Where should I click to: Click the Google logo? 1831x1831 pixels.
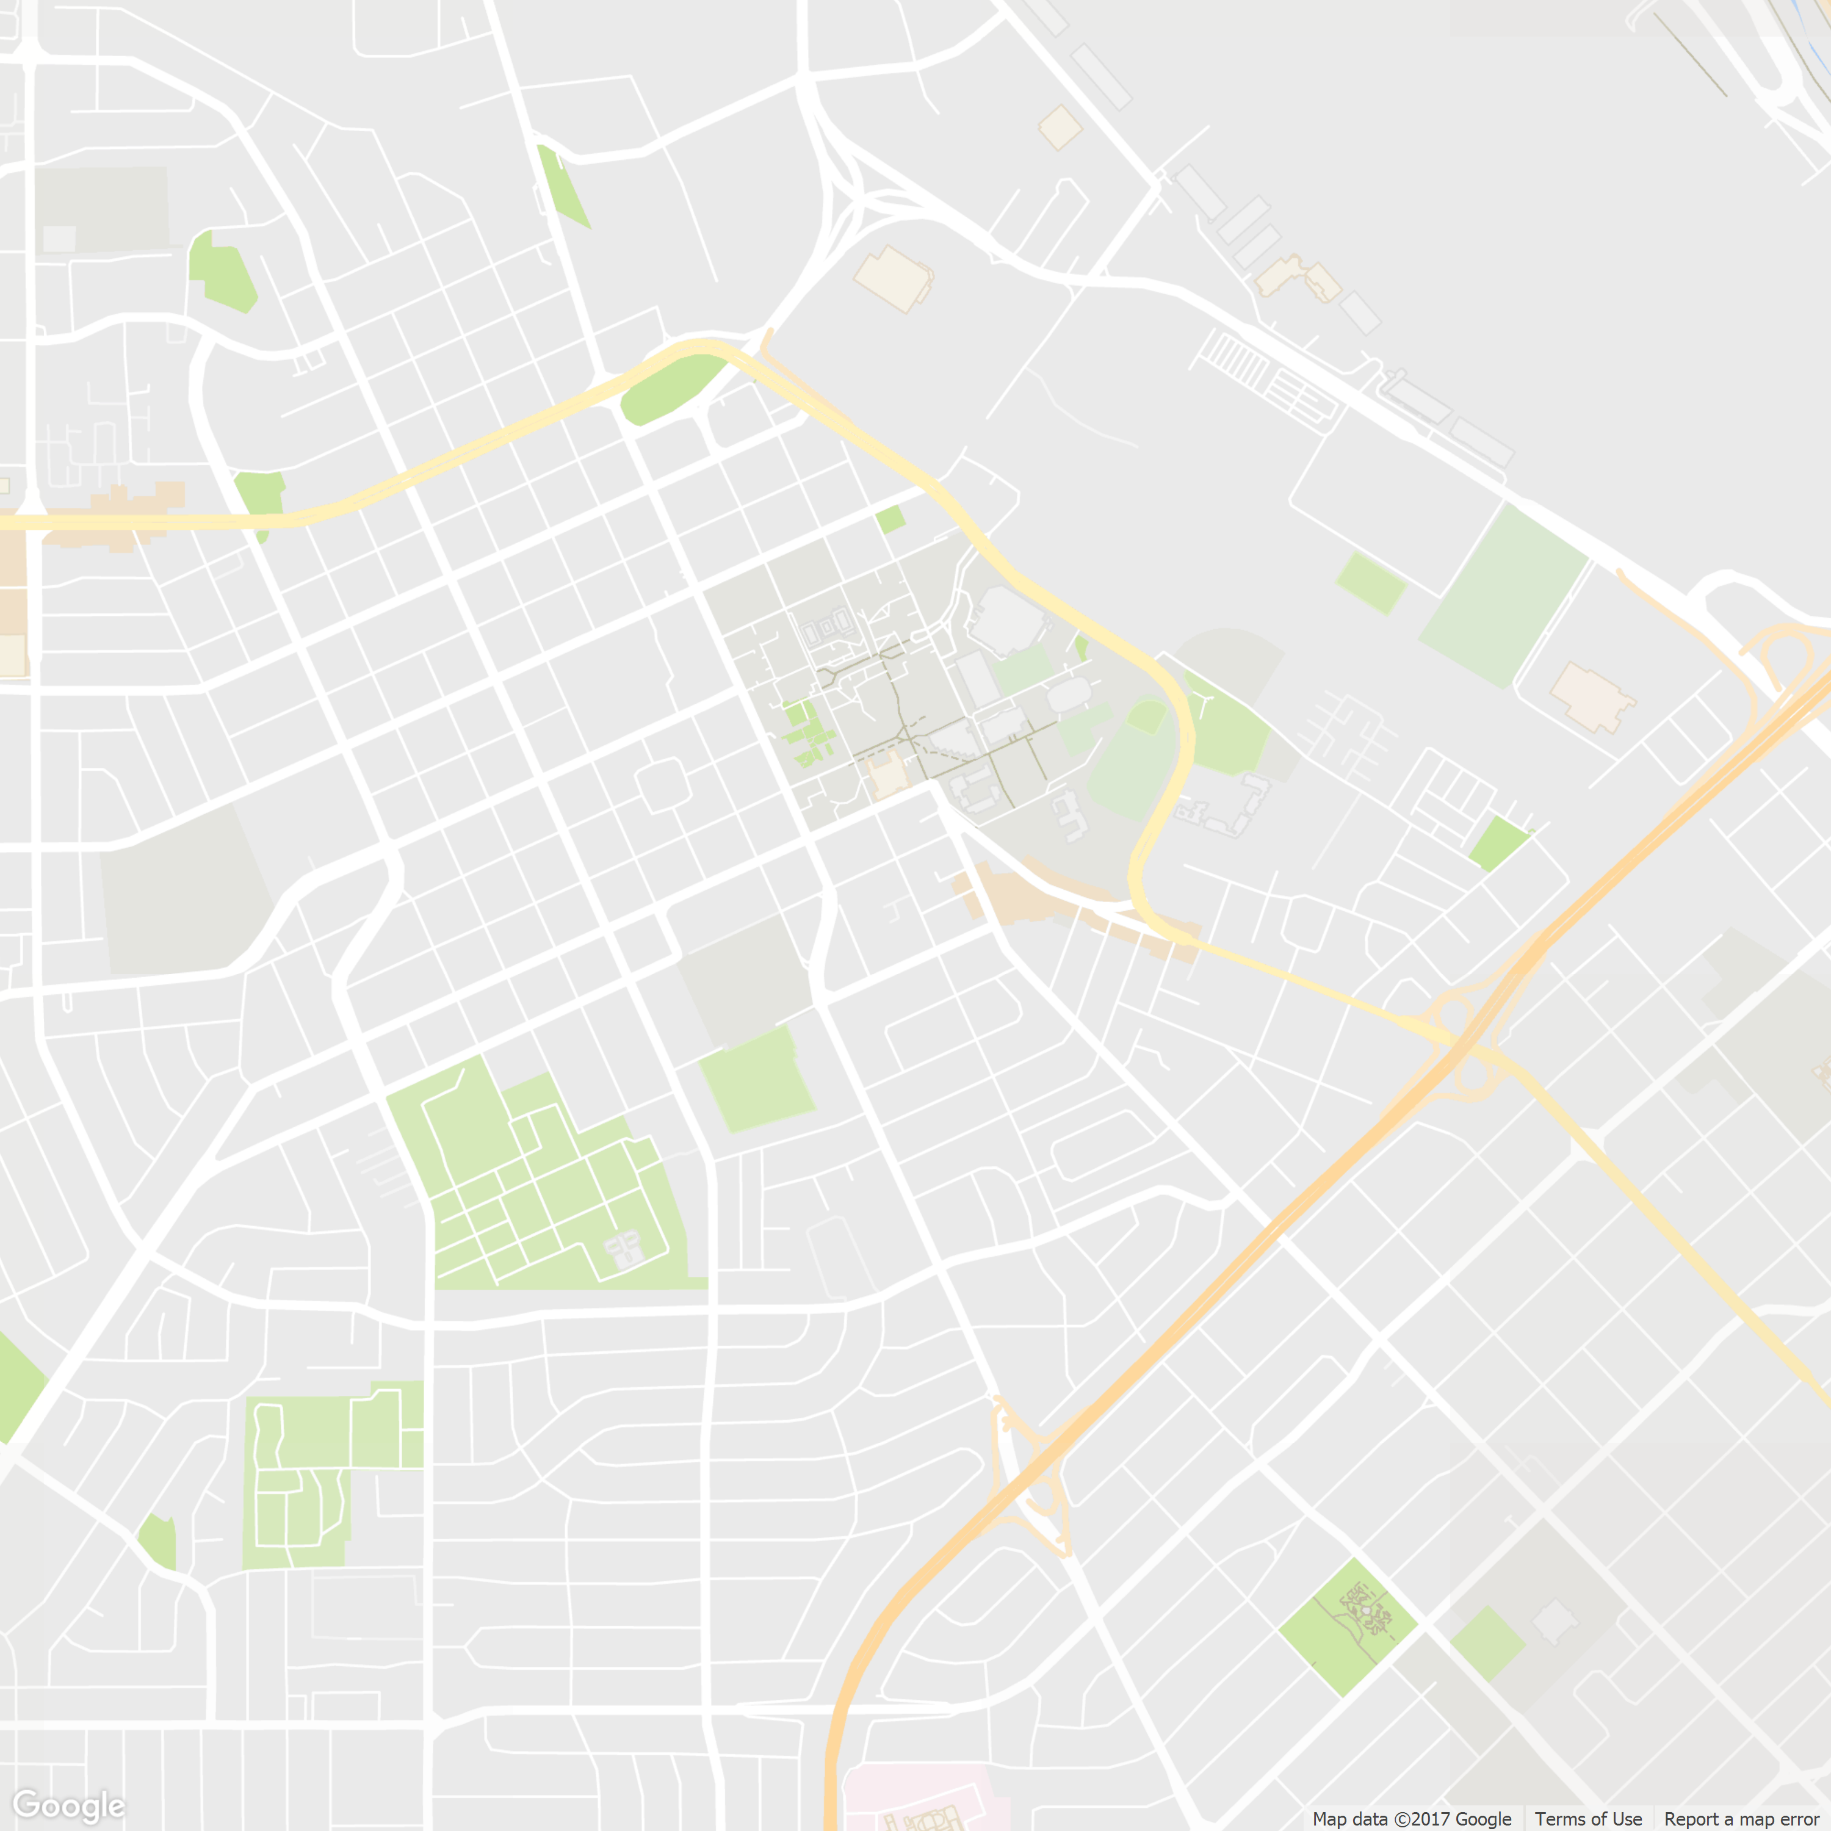(68, 1805)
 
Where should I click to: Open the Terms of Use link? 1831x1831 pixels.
(1588, 1819)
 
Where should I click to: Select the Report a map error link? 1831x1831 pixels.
(1741, 1819)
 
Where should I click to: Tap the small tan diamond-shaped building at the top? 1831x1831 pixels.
(1060, 127)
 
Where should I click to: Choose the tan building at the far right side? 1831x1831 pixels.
(1591, 696)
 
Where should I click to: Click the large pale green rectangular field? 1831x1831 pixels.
(1502, 595)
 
